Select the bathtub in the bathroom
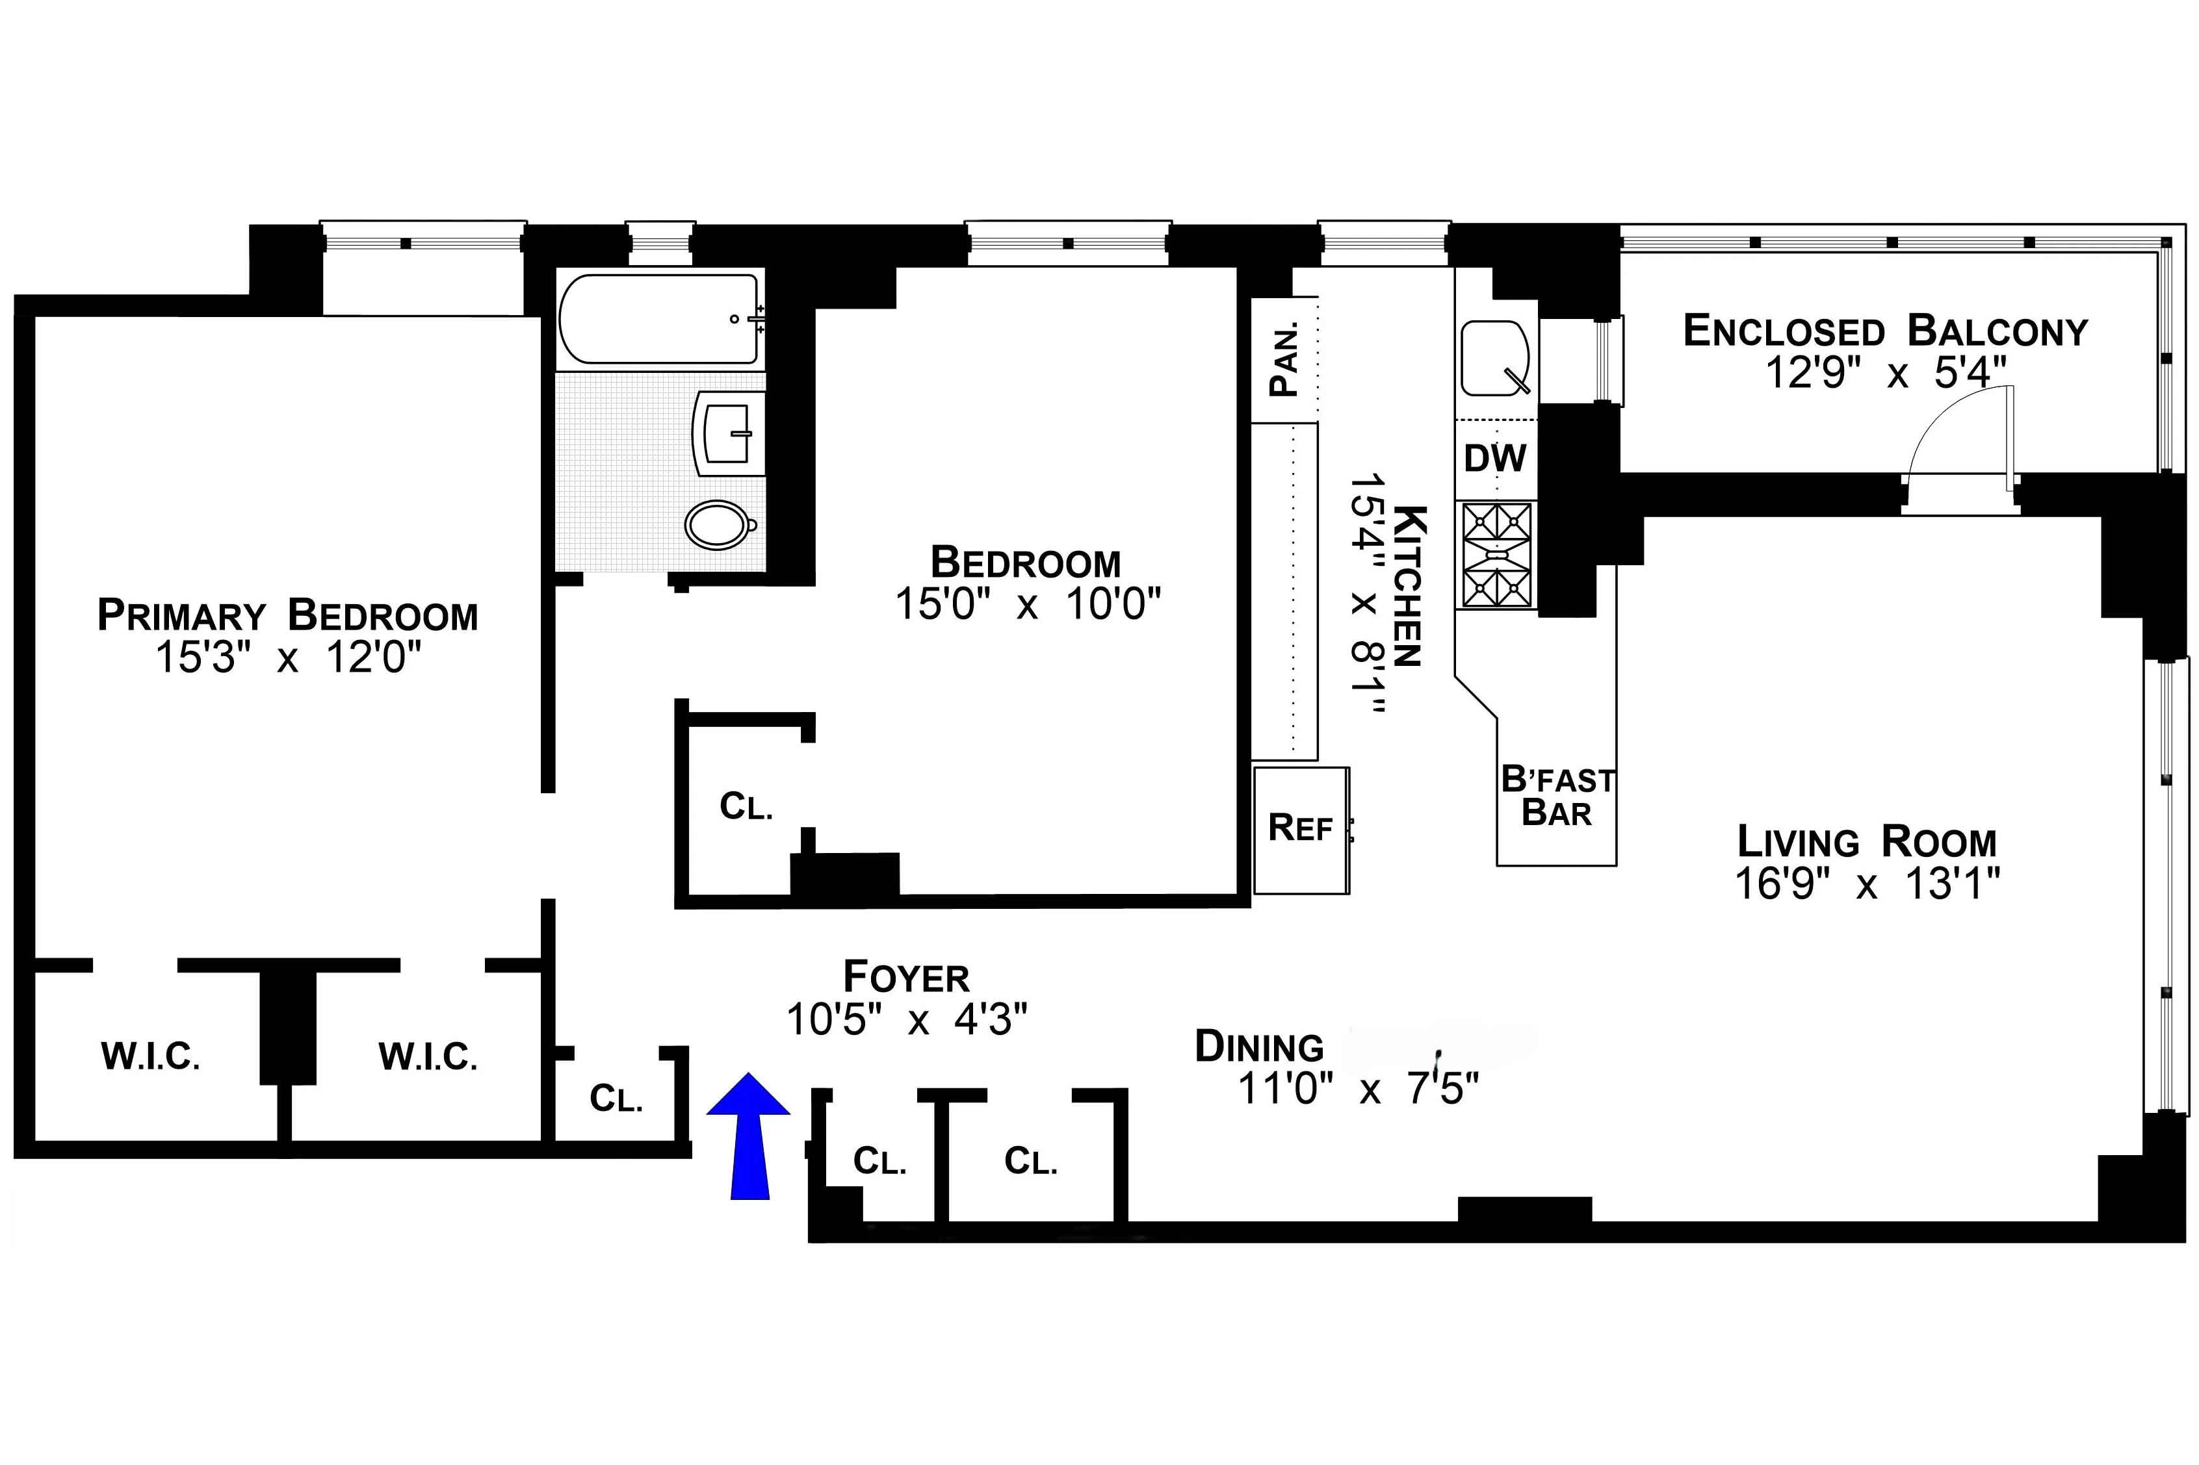659,318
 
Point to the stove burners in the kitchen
1496,555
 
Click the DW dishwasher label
1494,458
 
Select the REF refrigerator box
1300,830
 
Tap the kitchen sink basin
1494,359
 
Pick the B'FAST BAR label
1557,797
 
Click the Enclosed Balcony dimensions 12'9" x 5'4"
1885,373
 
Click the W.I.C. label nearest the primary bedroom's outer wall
150,1057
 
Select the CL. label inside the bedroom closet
746,806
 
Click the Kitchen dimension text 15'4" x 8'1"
1366,595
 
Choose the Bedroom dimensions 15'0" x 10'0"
1027,604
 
